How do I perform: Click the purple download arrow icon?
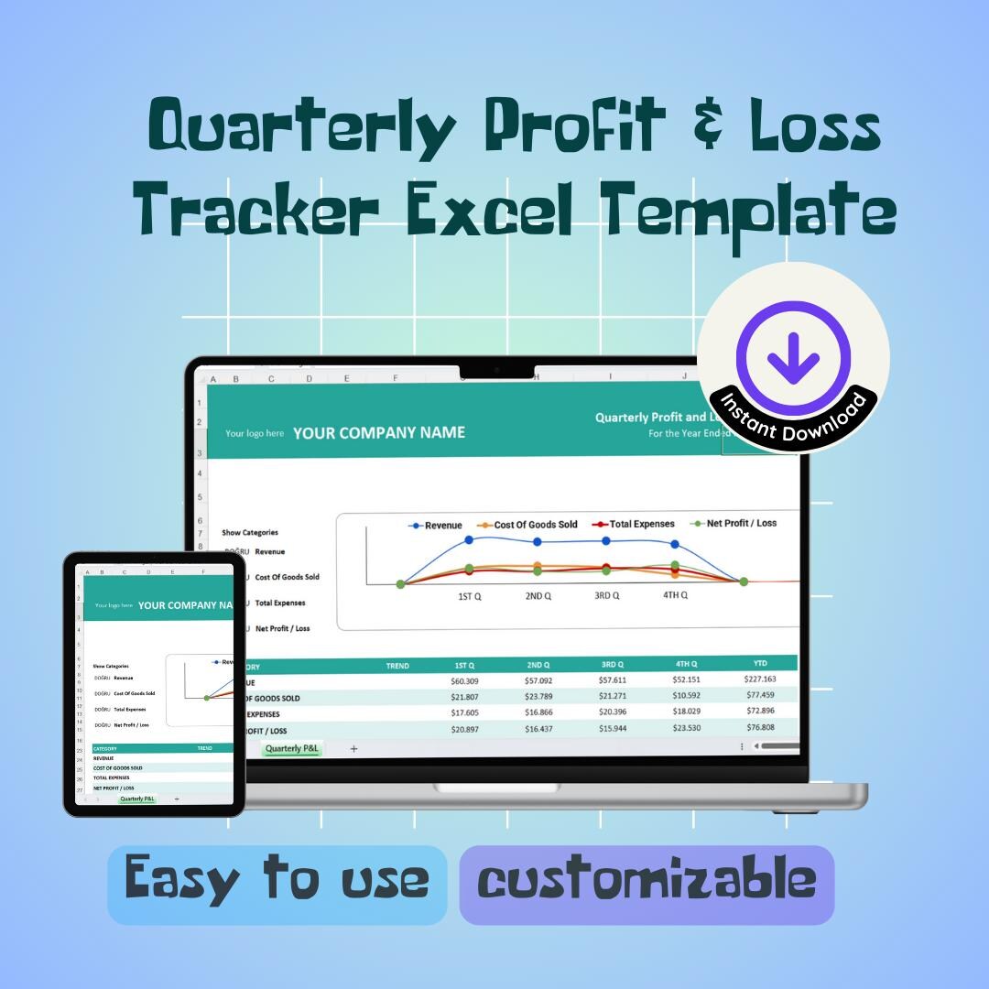click(793, 356)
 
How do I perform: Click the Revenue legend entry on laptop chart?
click(436, 525)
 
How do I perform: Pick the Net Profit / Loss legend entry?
click(734, 524)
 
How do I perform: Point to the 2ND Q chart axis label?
click(538, 595)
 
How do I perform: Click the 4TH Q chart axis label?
click(675, 595)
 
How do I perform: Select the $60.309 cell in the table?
click(464, 680)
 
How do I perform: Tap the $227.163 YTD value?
click(760, 679)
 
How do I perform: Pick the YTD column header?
click(760, 663)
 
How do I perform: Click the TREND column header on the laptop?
click(397, 666)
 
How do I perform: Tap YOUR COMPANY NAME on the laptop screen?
click(379, 433)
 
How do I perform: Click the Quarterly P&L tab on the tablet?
click(137, 799)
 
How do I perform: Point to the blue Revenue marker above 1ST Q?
click(469, 540)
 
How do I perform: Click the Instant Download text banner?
click(793, 417)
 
